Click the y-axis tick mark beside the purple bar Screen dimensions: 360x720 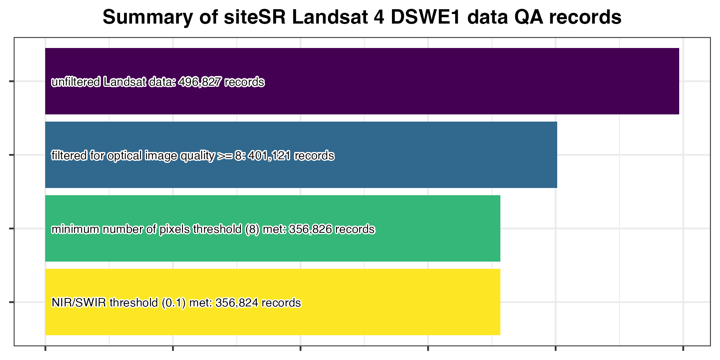[x=11, y=82]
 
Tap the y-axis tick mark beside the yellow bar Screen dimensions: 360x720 [x=11, y=302]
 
